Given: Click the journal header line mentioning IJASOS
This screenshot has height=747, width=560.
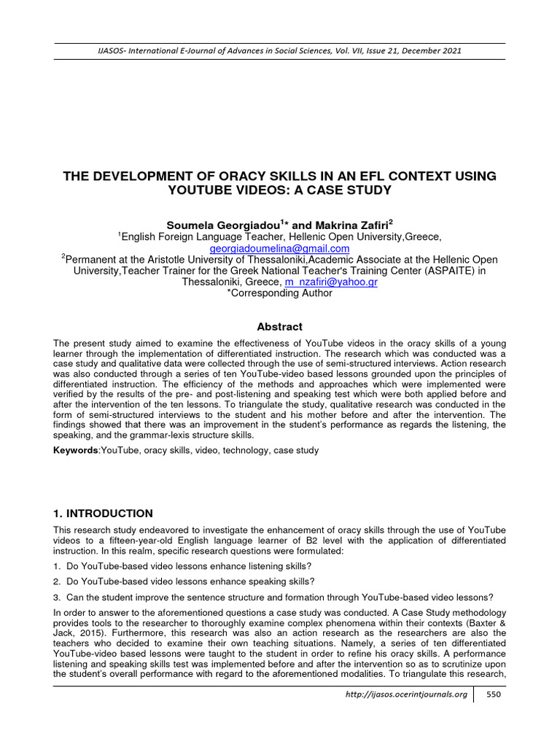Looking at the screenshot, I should (x=279, y=50).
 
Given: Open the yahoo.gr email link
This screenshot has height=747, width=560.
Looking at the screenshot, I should (x=331, y=282).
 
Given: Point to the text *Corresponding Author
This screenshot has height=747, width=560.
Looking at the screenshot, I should (x=279, y=293).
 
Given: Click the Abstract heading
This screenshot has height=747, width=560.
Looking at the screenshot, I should (x=280, y=327).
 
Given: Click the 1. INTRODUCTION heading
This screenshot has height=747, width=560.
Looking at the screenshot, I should (x=103, y=514).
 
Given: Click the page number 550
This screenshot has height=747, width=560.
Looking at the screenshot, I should (x=493, y=694).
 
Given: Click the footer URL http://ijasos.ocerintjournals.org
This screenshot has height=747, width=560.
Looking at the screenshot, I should (x=406, y=694).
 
